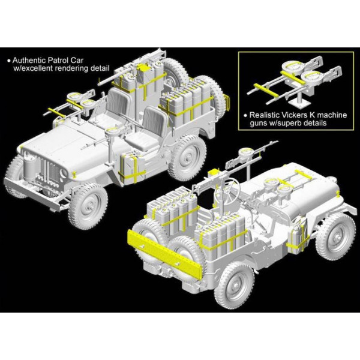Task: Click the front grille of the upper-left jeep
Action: point(49,169)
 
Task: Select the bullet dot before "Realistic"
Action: point(245,115)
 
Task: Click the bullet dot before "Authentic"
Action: point(9,61)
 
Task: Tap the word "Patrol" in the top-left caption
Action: point(59,61)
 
